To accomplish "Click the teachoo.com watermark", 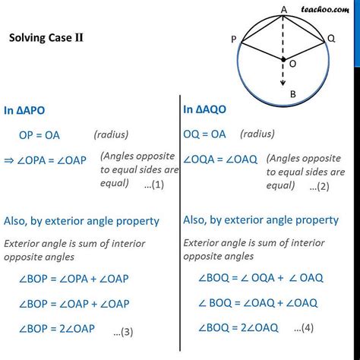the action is pyautogui.click(x=325, y=10).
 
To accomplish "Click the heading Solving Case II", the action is pyautogui.click(x=46, y=38).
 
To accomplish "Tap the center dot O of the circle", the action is pyautogui.click(x=283, y=59).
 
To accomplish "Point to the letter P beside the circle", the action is pyautogui.click(x=234, y=39).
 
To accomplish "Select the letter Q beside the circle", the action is pyautogui.click(x=331, y=39).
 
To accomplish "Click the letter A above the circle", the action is pyautogui.click(x=284, y=10).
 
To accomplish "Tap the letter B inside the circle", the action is pyautogui.click(x=293, y=94).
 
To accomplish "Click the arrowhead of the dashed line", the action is pyautogui.click(x=283, y=83).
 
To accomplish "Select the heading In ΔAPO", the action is pyautogui.click(x=24, y=111).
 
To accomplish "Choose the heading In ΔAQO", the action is pyautogui.click(x=204, y=109).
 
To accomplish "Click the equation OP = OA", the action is pyautogui.click(x=39, y=135).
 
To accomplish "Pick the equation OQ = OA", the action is pyautogui.click(x=204, y=134).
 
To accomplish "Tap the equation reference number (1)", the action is pyautogui.click(x=154, y=185).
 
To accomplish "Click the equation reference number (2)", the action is pyautogui.click(x=319, y=187).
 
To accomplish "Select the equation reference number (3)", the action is pyautogui.click(x=123, y=332).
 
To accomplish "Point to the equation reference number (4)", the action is pyautogui.click(x=304, y=328).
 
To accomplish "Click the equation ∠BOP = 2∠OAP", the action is pyautogui.click(x=57, y=329).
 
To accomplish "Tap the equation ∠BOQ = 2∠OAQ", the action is pyautogui.click(x=238, y=328).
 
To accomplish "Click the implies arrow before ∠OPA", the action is pyautogui.click(x=9, y=160).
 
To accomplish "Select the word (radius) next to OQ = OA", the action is pyautogui.click(x=257, y=134).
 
